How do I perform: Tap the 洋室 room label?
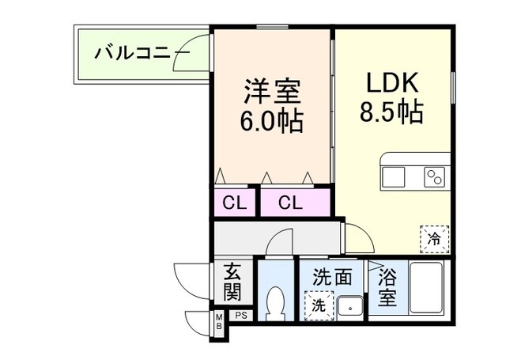[x=272, y=91]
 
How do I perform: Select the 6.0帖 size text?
[x=272, y=122]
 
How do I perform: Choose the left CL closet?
[x=233, y=203]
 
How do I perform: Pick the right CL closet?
[x=290, y=203]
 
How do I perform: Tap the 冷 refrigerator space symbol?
[x=434, y=237]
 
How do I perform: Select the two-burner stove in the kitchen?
[x=435, y=176]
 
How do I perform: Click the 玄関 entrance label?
[x=232, y=283]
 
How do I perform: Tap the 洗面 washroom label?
[x=331, y=279]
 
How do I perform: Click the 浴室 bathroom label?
[x=387, y=289]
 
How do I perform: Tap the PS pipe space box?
[x=240, y=316]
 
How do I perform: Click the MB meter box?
[x=218, y=324]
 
